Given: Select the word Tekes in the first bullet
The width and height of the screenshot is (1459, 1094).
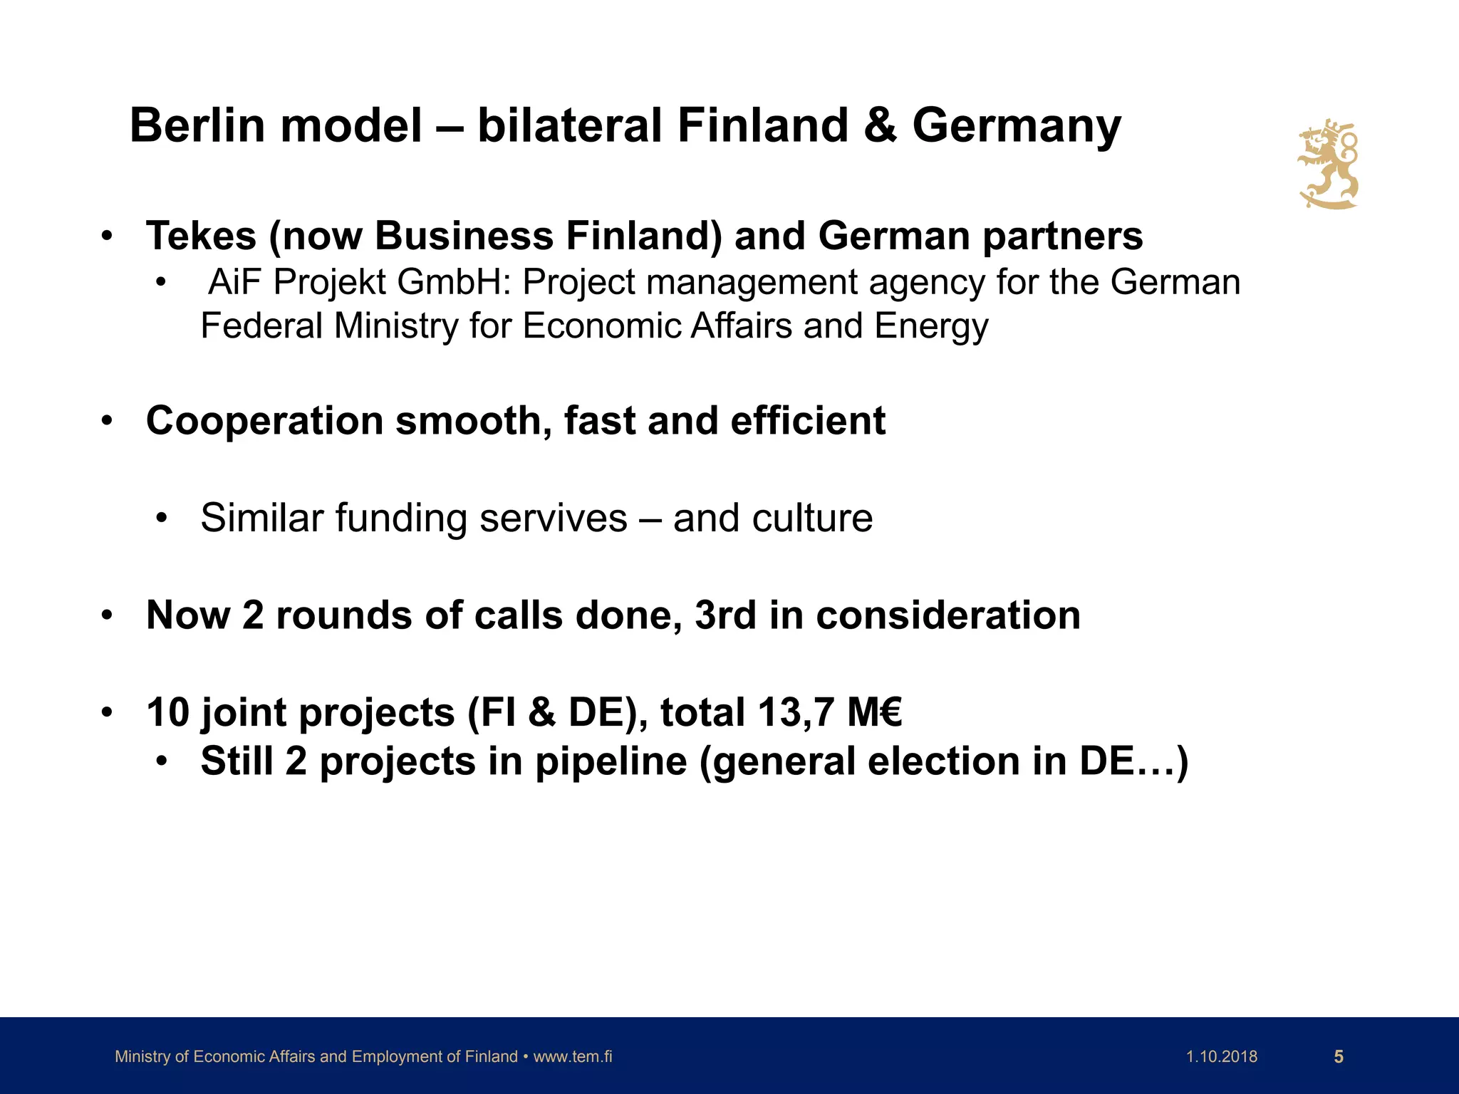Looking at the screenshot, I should pyautogui.click(x=201, y=236).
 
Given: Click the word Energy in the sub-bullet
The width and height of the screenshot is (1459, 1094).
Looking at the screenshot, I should pyautogui.click(x=931, y=326).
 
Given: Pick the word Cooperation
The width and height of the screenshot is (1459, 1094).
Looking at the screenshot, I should pyautogui.click(x=264, y=421).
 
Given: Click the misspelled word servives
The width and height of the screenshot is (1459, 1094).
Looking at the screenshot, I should pyautogui.click(x=554, y=518).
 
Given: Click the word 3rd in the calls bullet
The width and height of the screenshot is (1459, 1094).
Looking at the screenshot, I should pyautogui.click(x=725, y=615).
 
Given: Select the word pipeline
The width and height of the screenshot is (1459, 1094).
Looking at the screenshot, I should pyautogui.click(x=611, y=761).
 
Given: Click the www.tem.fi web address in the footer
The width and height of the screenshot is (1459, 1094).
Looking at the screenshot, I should pyautogui.click(x=573, y=1057).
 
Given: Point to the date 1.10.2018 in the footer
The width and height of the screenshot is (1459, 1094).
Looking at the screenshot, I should pyautogui.click(x=1222, y=1057).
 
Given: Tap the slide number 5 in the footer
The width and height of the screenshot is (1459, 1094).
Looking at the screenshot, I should pyautogui.click(x=1339, y=1057).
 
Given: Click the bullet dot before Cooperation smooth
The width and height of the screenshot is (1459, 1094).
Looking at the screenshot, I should pyautogui.click(x=107, y=421).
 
